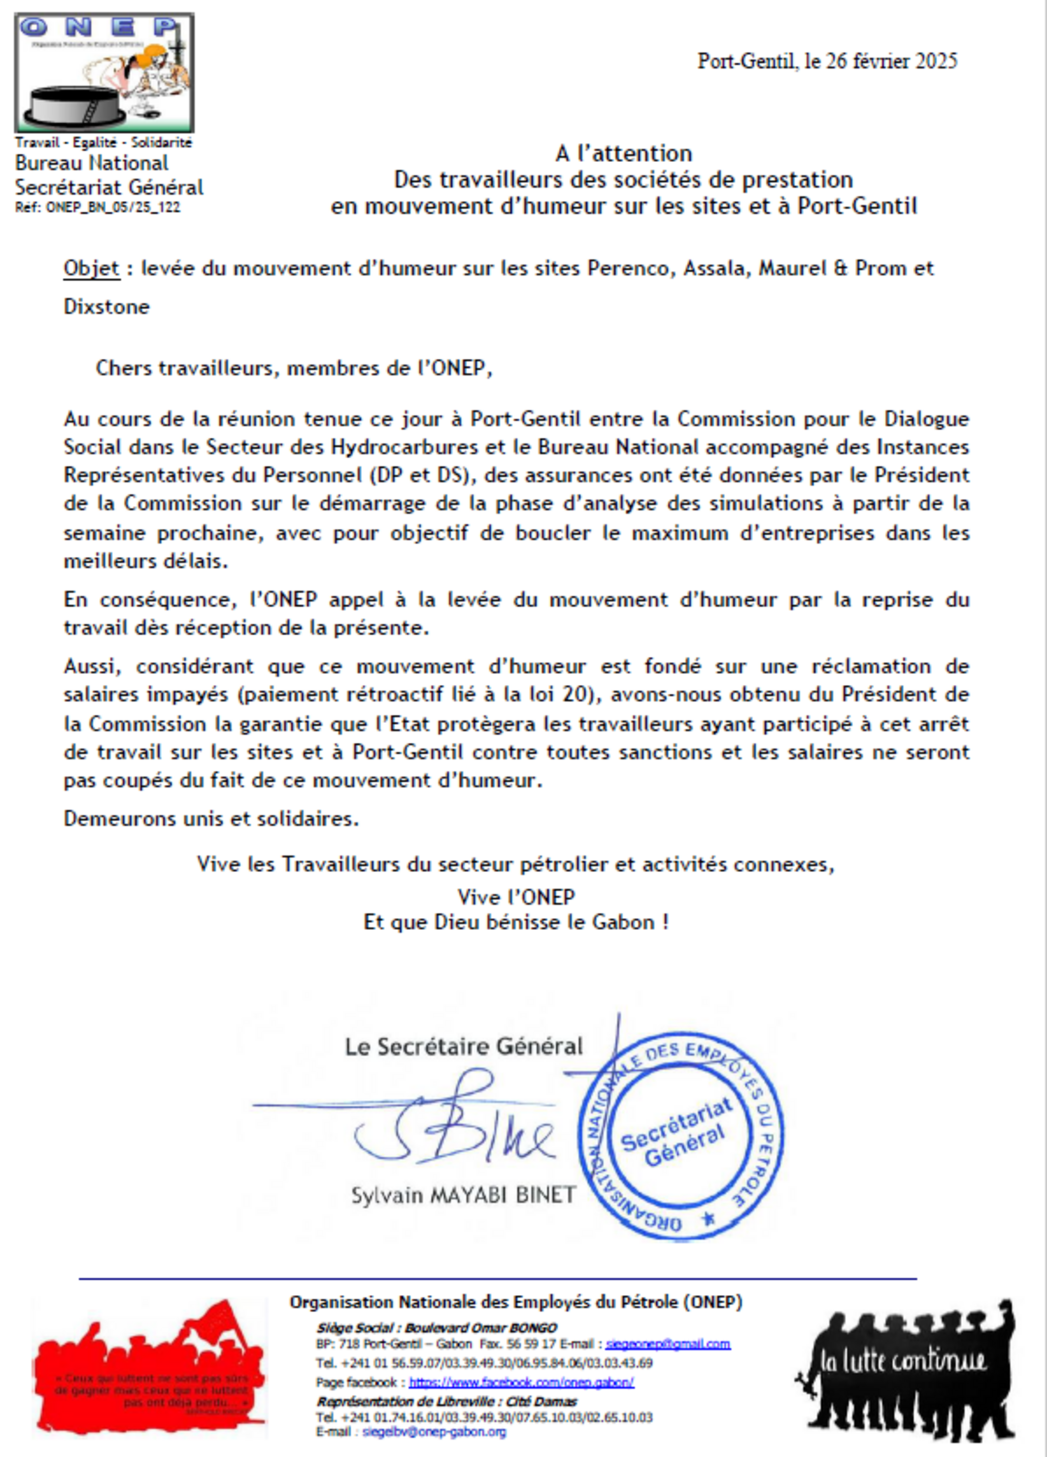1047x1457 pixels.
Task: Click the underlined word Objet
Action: pos(91,268)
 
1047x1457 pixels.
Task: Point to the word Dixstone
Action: pos(107,306)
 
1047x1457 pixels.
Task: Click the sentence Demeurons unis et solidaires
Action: pos(211,818)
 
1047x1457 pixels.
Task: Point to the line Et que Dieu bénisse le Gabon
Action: pos(516,923)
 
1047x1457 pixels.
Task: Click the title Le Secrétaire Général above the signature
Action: pos(463,1046)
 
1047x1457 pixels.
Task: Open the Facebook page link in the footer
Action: pos(521,1382)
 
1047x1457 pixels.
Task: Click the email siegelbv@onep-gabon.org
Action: pos(434,1432)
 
